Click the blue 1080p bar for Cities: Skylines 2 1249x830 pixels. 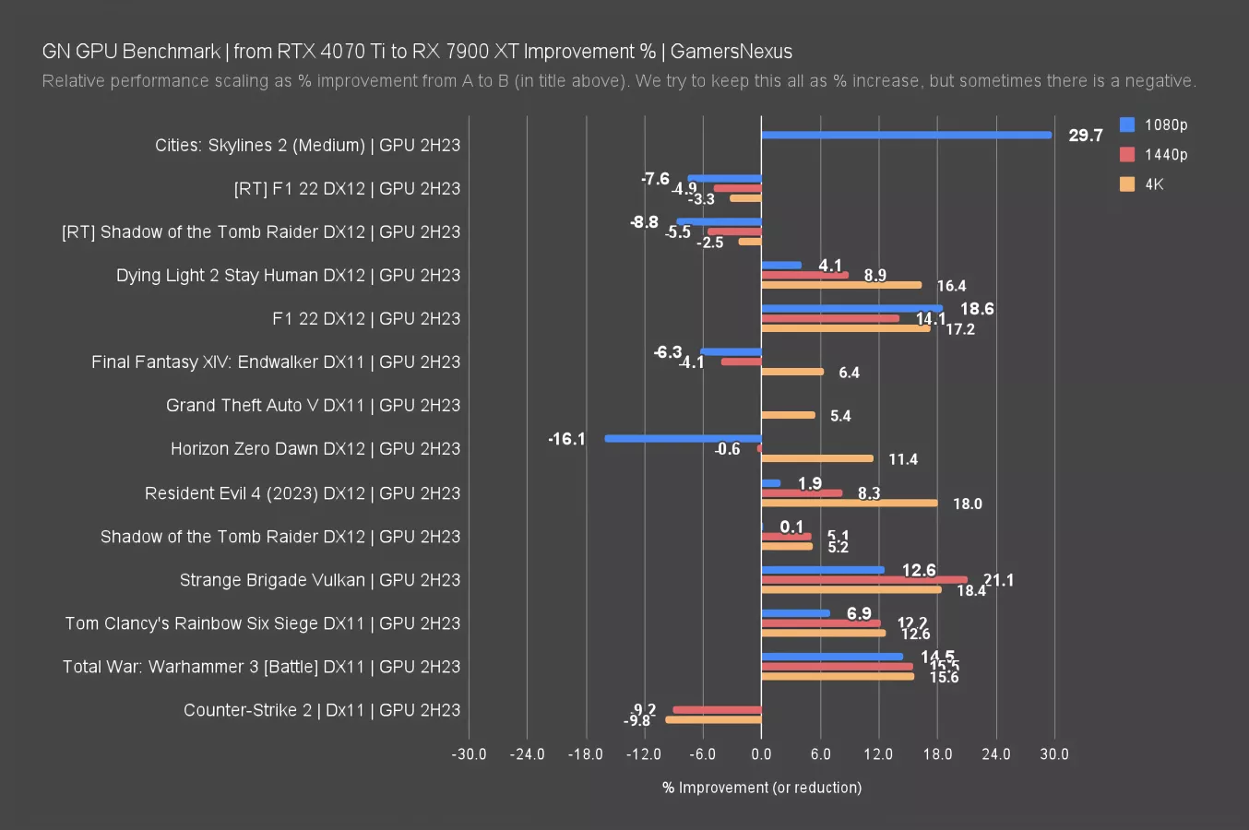pyautogui.click(x=906, y=135)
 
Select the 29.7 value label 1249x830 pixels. pyautogui.click(x=1085, y=136)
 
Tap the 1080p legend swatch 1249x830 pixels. pyautogui.click(x=1127, y=125)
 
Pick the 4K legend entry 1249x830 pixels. pyautogui.click(x=1154, y=184)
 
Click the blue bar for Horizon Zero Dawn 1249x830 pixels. pyautogui.click(x=683, y=439)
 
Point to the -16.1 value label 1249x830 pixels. pyautogui.click(x=566, y=439)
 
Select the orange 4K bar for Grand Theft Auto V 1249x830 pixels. pyautogui.click(x=788, y=415)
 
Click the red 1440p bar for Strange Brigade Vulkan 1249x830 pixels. pyautogui.click(x=864, y=580)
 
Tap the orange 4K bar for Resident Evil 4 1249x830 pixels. pyautogui.click(x=849, y=503)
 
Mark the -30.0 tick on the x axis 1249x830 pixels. pyautogui.click(x=469, y=754)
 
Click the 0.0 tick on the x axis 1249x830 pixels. pyautogui.click(x=761, y=754)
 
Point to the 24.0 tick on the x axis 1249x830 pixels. pyautogui.click(x=995, y=754)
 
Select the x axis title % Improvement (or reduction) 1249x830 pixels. pyautogui.click(x=762, y=788)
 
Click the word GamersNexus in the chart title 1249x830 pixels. pyautogui.click(x=731, y=52)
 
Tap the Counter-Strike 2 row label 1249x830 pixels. pyautogui.click(x=321, y=710)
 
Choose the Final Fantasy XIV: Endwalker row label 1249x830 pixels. pyautogui.click(x=275, y=362)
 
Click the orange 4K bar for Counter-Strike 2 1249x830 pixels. pyautogui.click(x=713, y=719)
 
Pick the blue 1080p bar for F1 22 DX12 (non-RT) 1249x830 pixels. pyautogui.click(x=851, y=309)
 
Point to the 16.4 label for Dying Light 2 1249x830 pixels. pyautogui.click(x=951, y=286)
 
